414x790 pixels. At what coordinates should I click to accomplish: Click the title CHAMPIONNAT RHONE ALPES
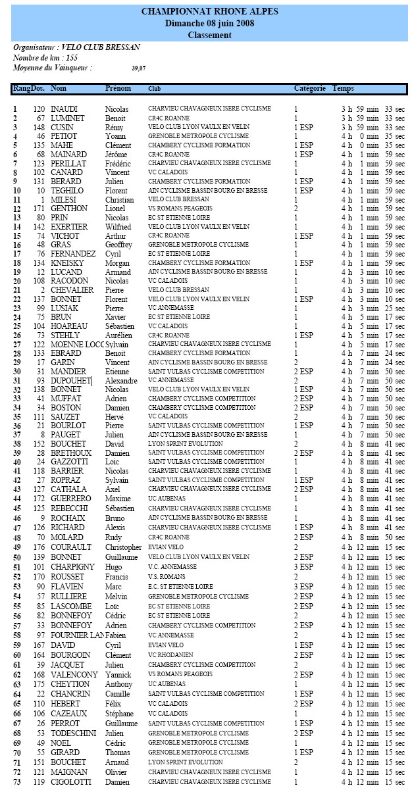209,12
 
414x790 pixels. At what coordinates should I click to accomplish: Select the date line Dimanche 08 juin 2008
209,24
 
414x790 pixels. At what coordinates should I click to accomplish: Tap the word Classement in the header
209,36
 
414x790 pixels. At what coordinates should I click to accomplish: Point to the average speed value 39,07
139,68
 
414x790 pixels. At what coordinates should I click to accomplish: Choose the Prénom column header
118,88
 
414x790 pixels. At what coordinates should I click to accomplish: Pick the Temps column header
343,88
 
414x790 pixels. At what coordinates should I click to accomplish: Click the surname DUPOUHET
70,381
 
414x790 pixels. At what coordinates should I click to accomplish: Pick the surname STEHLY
65,335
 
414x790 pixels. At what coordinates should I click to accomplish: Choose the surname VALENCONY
74,675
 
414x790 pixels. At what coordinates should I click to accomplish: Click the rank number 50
16,557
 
